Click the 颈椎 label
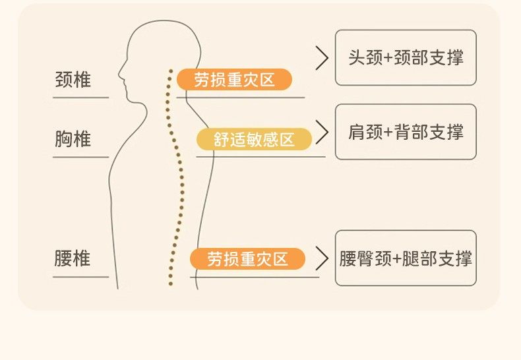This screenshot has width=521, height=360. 73,80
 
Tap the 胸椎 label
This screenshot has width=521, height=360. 73,139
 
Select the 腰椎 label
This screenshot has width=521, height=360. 73,258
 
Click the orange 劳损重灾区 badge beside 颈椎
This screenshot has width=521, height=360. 234,80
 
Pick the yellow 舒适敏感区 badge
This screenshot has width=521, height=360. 254,140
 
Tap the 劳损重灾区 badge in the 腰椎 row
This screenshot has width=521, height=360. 247,258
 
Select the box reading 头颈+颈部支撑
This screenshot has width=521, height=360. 406,57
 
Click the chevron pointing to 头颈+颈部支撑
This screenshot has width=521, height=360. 322,58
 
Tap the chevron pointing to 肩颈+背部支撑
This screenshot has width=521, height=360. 322,132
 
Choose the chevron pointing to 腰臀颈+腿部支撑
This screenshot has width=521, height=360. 322,258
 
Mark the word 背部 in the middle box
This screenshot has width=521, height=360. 412,132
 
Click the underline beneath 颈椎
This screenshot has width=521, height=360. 80,98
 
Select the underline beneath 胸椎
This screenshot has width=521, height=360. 80,157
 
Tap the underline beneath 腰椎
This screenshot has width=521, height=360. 80,276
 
